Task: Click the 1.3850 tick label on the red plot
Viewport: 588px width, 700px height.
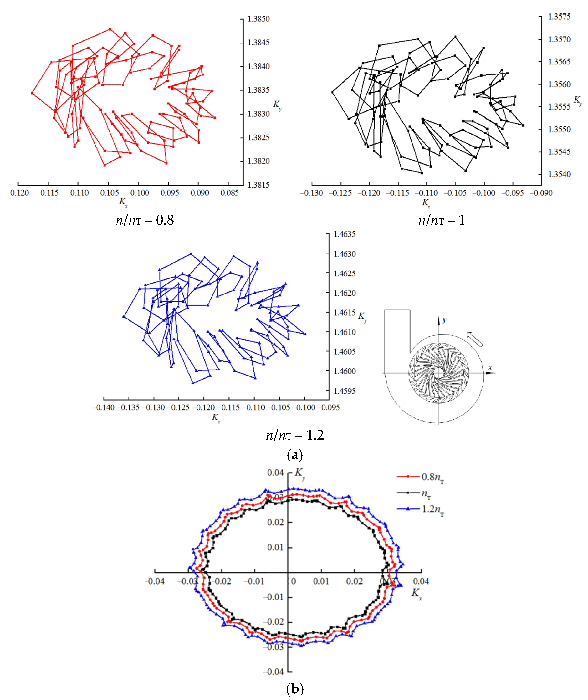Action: pyautogui.click(x=258, y=19)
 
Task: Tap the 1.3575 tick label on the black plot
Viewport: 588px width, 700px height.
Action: pyautogui.click(x=559, y=17)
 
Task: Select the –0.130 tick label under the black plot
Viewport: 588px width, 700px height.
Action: pyautogui.click(x=311, y=193)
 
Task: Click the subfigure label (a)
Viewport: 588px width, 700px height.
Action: pyautogui.click(x=295, y=455)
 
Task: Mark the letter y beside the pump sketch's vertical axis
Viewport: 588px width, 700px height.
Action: pyautogui.click(x=444, y=320)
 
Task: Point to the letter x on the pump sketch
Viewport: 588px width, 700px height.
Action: pyautogui.click(x=490, y=367)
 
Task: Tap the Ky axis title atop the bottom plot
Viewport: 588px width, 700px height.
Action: pyautogui.click(x=299, y=473)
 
